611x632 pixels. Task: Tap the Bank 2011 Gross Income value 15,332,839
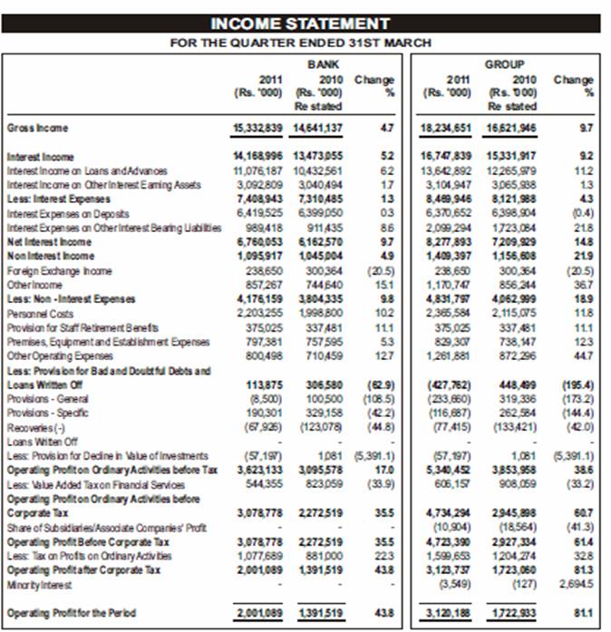(x=259, y=129)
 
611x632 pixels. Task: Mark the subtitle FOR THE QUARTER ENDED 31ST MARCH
(x=300, y=43)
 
